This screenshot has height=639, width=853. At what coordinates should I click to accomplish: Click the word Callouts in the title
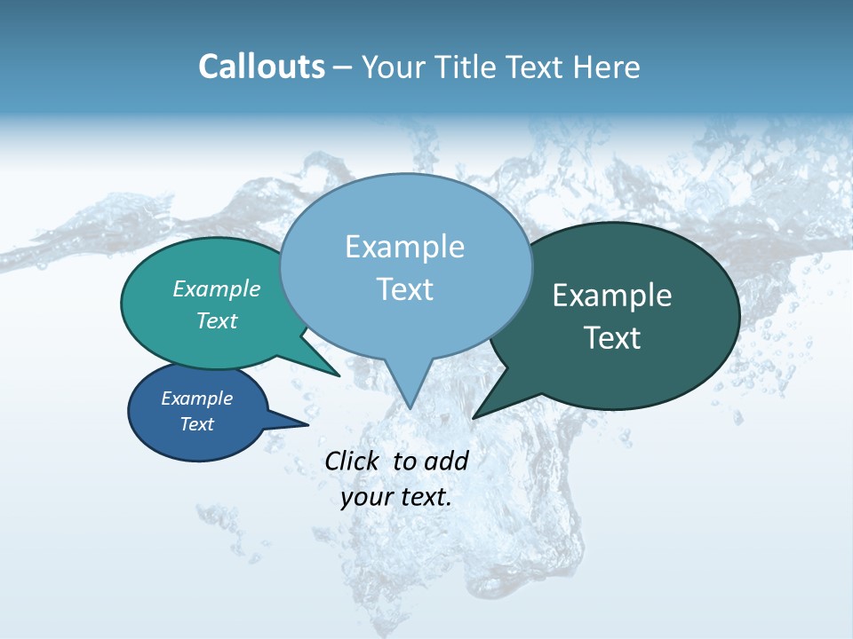pos(261,67)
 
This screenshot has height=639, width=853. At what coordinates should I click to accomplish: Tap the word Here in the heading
pos(607,67)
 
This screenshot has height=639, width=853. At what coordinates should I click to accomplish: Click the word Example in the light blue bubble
pos(404,247)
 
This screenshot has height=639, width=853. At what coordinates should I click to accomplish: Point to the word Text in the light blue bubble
pos(404,289)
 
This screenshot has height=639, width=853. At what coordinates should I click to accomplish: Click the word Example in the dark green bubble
pos(612,296)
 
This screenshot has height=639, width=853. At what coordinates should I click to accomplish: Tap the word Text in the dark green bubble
pos(612,338)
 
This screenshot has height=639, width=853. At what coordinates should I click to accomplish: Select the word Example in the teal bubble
pos(217,288)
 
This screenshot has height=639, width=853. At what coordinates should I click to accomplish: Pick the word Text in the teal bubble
pos(217,320)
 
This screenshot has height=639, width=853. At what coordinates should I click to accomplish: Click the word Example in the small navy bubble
pos(196,398)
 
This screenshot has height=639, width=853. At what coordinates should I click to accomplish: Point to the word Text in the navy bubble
pos(196,424)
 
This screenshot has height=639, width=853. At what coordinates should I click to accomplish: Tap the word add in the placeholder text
pos(446,461)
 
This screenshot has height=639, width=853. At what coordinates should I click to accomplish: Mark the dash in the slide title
pos(343,67)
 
